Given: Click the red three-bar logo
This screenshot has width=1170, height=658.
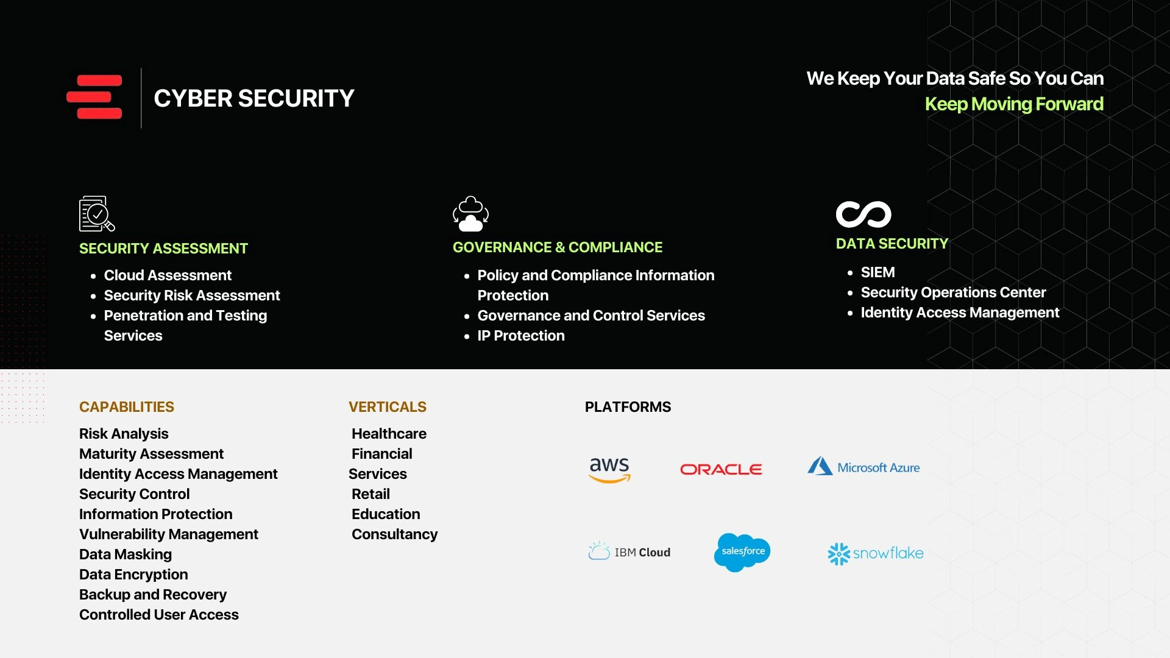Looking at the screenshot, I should click(94, 97).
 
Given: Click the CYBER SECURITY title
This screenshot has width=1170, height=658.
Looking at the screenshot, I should click(253, 99).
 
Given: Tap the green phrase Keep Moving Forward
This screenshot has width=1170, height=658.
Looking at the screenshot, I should click(1014, 104).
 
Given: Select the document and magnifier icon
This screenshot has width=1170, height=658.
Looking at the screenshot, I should click(96, 214).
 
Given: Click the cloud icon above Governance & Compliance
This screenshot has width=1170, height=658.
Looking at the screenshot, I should click(470, 214).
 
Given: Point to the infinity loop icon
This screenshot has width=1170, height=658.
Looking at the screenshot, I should click(863, 214).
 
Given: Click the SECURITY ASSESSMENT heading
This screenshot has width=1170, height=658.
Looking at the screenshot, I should click(163, 249).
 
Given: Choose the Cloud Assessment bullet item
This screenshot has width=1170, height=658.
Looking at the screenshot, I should click(168, 275).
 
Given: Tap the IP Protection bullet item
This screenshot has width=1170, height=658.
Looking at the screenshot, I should click(521, 336).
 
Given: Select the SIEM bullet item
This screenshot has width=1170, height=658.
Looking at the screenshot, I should click(877, 272).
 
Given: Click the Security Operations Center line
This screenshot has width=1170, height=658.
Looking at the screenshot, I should click(953, 292).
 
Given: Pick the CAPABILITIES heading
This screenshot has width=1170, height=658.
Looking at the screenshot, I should click(127, 407).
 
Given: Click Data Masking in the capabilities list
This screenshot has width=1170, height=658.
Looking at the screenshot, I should click(126, 554).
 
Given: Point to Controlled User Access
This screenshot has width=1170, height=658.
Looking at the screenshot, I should click(159, 615).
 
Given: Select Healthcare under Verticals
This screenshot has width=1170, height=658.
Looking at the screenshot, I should click(389, 434).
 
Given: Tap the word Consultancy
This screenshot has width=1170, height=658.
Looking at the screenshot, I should click(394, 534).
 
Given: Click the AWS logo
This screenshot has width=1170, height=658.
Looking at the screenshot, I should click(609, 469).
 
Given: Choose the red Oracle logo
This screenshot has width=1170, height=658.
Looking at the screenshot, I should click(721, 469).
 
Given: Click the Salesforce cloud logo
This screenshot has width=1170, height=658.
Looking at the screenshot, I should click(742, 552).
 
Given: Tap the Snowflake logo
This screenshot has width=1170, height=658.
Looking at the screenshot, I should click(876, 553).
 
